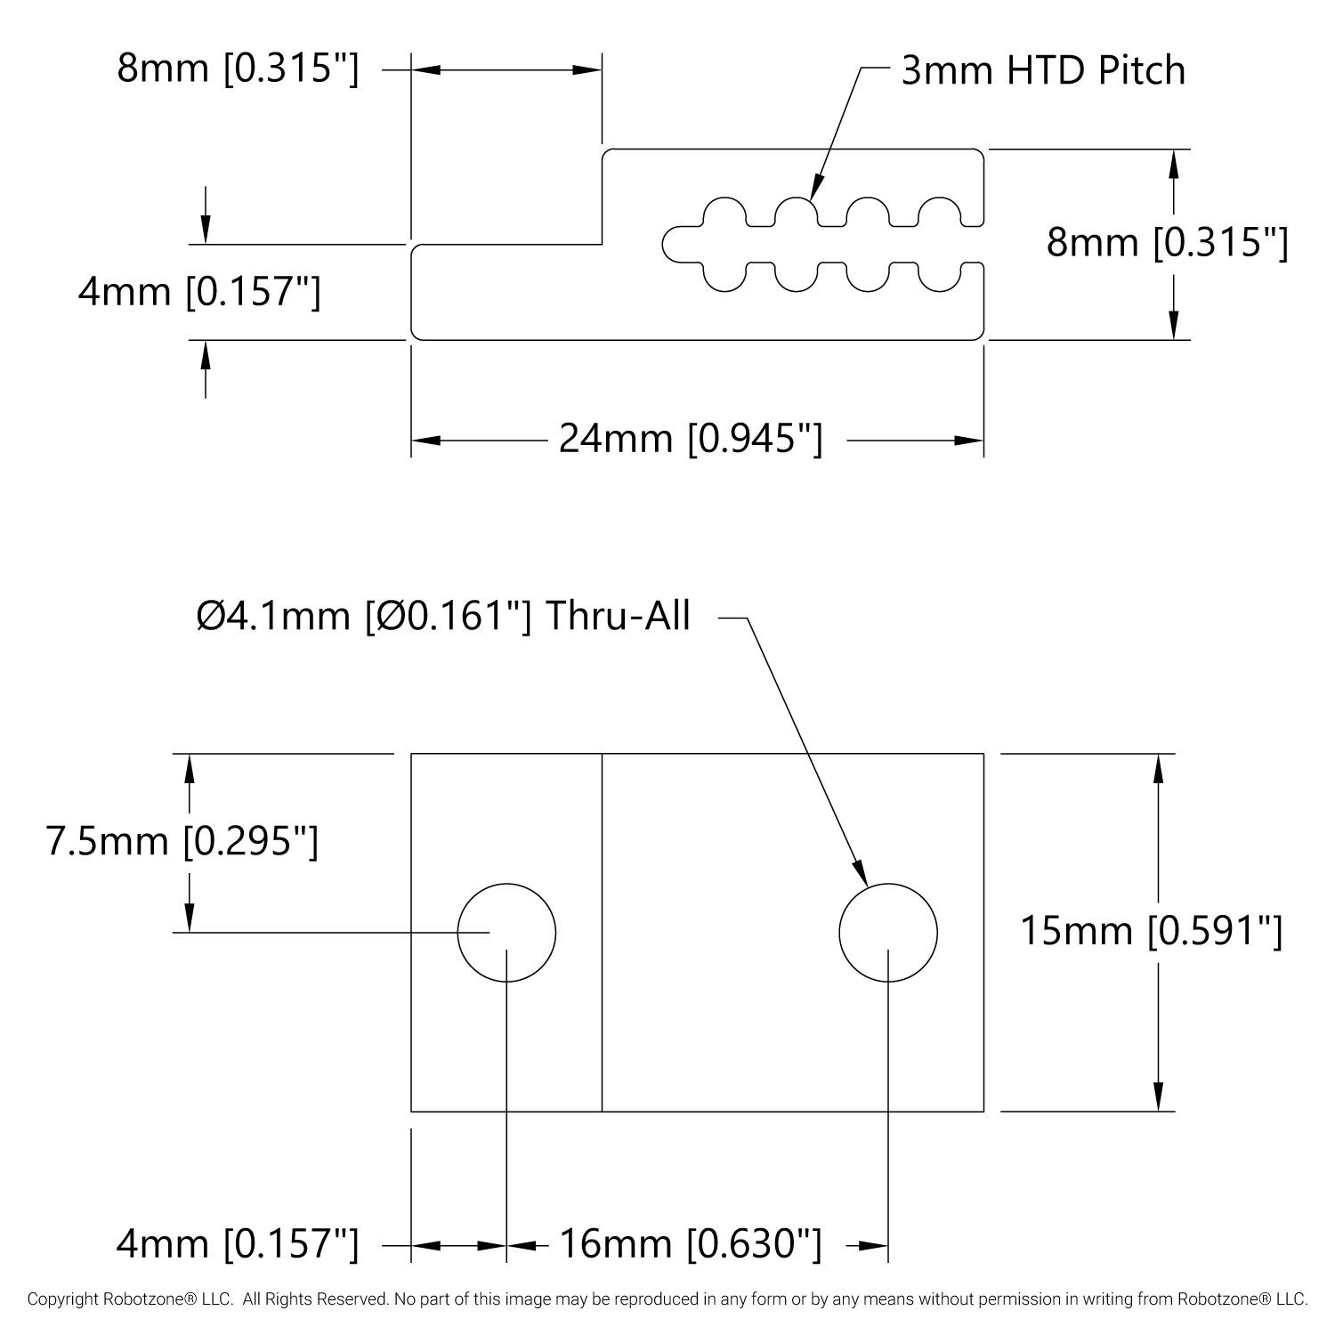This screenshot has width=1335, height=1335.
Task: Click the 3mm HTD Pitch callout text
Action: pyautogui.click(x=1043, y=70)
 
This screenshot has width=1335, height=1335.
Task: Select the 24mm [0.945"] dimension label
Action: pyautogui.click(x=691, y=439)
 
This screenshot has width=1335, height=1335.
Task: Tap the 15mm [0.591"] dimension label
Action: pyautogui.click(x=1151, y=932)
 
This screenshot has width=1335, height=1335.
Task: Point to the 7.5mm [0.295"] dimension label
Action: pyautogui.click(x=182, y=841)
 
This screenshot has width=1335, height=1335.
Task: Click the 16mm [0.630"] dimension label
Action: pyautogui.click(x=690, y=1243)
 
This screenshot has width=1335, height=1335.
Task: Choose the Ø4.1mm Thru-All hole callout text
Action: pyautogui.click(x=443, y=616)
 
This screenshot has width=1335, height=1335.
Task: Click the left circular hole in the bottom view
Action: pyautogui.click(x=506, y=933)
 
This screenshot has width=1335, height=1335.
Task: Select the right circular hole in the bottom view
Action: pyautogui.click(x=887, y=933)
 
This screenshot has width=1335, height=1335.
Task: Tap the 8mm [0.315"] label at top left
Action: pyautogui.click(x=238, y=69)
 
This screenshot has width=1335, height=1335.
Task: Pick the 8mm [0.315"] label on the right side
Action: pyautogui.click(x=1167, y=242)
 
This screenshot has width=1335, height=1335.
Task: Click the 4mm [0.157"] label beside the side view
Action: pyautogui.click(x=199, y=292)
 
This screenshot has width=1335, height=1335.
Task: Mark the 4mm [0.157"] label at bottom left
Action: pyautogui.click(x=238, y=1243)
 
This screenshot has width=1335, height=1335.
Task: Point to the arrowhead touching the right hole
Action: pyautogui.click(x=861, y=874)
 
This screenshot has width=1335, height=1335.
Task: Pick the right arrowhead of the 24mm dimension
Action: pyautogui.click(x=969, y=440)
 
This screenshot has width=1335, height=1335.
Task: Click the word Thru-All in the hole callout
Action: pyautogui.click(x=617, y=616)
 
